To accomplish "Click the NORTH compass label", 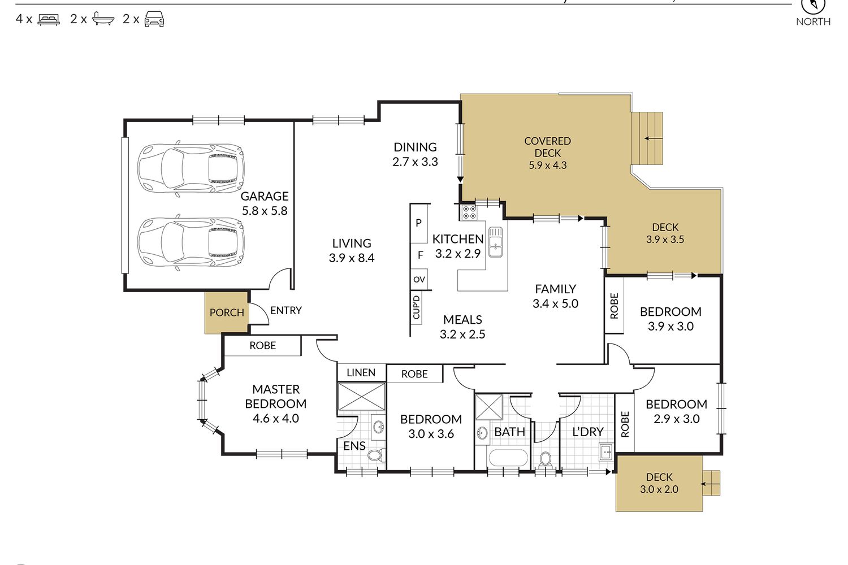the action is (813, 21).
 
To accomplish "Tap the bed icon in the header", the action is (49, 19).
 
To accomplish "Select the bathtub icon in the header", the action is (103, 19).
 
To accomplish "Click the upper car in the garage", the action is (191, 169).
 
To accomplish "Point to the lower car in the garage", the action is (191, 242).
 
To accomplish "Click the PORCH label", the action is (227, 312).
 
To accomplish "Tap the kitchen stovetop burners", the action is (469, 212).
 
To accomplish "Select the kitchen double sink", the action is (496, 242).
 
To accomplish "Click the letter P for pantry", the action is (418, 223).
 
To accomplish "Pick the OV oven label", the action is (419, 280).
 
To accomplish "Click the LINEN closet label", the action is (361, 373).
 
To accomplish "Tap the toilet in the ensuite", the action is (376, 454).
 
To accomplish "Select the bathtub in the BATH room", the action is (508, 458).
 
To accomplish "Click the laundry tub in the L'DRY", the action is (606, 452).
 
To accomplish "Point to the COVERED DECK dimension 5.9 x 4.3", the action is (547, 166).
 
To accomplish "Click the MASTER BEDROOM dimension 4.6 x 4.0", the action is (276, 419).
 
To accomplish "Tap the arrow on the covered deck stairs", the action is (654, 138).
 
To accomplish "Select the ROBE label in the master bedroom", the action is (263, 346).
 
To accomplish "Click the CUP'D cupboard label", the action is (416, 307).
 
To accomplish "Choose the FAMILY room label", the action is (555, 289).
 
